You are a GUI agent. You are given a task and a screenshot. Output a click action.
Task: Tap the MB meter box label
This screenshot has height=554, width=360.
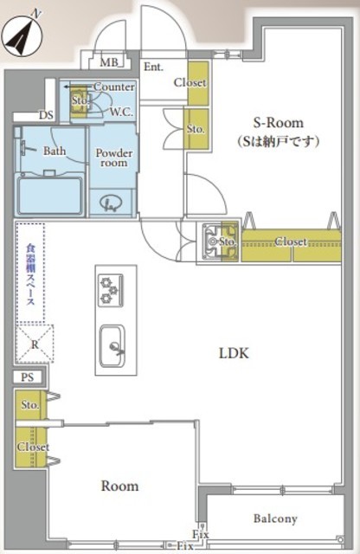coord(109,62)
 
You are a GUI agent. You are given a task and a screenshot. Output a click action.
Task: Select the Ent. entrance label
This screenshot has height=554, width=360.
coord(154,67)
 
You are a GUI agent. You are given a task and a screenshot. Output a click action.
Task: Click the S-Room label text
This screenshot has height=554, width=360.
coord(279,123)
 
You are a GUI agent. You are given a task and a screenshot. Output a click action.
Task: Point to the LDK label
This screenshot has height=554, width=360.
coord(234,353)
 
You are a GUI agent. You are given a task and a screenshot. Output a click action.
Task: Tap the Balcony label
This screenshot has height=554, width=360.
coord(275,519)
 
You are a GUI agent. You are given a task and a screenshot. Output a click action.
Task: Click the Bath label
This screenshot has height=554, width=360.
coord(55,151)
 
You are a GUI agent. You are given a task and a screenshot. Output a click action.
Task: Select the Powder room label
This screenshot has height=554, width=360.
coord(114,158)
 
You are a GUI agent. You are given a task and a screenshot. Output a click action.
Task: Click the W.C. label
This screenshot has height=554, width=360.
coord(121,112)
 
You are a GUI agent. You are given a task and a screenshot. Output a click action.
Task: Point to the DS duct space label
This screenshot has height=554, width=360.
coord(46,115)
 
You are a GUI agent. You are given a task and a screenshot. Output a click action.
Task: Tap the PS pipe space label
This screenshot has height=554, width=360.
coord(27,377)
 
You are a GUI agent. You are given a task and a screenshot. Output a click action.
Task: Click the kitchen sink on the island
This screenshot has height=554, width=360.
coord(112,346)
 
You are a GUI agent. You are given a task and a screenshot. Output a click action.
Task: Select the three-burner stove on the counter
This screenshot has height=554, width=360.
coord(111,291)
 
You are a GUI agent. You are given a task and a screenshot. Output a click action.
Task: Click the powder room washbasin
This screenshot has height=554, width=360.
coord(110,204)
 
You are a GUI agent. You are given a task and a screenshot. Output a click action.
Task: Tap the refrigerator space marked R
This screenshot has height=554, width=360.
coord(35,345)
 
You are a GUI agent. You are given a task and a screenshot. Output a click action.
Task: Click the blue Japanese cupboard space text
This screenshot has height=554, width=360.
coord(31,274)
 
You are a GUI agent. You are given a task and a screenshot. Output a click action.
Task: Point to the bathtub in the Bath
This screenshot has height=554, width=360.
coord(50,196)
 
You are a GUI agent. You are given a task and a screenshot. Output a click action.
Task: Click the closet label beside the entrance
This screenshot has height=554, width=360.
coord(190,82)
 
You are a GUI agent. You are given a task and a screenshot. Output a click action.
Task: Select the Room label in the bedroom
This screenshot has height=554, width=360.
coord(119,486)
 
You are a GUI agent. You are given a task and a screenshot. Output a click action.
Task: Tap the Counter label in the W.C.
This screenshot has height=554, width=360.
coord(113,87)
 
